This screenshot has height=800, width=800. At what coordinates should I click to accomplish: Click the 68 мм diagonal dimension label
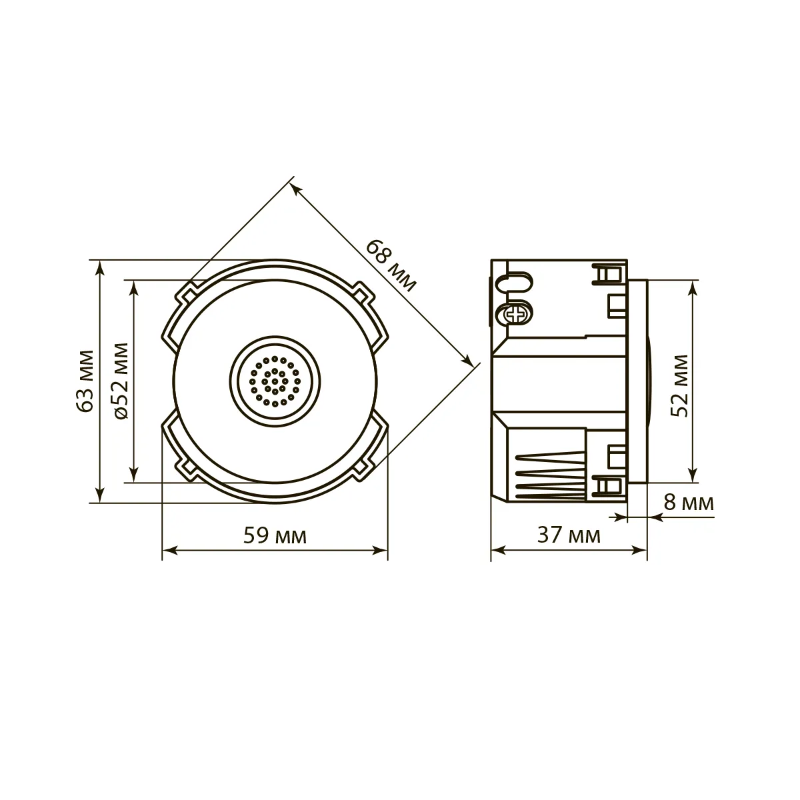390,265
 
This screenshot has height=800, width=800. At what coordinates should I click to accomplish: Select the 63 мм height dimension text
86,381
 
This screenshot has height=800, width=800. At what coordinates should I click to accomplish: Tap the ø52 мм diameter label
121,381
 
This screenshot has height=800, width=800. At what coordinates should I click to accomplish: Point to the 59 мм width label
275,535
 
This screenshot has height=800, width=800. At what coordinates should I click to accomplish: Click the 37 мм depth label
569,535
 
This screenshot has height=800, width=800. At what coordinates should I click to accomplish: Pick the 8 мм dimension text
689,503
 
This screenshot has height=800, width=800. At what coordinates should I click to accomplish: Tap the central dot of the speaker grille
275,381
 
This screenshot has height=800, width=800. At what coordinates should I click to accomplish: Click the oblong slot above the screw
515,284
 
